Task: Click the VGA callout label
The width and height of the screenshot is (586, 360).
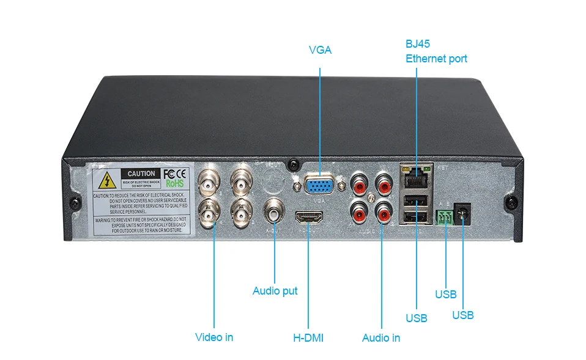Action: click(320, 50)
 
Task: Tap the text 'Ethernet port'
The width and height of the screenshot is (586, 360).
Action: click(436, 59)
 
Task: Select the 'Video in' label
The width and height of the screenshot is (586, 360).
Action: click(214, 337)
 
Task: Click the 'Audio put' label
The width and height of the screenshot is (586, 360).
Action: click(275, 291)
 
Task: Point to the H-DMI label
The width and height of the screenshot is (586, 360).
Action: click(308, 337)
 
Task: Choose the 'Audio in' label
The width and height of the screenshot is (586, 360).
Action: click(381, 337)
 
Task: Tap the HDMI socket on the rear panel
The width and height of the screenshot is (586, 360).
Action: click(309, 218)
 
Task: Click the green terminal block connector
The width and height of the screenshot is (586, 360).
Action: click(446, 216)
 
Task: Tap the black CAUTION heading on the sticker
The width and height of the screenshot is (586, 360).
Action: click(141, 174)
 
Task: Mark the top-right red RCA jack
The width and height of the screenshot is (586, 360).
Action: click(384, 183)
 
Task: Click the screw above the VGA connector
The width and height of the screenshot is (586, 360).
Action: click(295, 164)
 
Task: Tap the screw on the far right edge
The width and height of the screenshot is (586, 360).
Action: click(509, 202)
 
